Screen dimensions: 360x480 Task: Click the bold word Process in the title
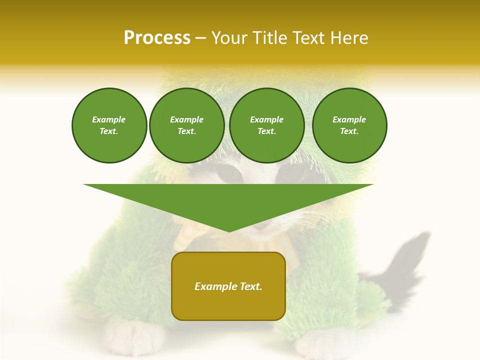click(x=157, y=38)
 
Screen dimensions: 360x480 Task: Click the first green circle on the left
click(x=109, y=125)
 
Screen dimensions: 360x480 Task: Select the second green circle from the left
click(x=187, y=125)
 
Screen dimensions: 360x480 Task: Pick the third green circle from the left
click(x=267, y=125)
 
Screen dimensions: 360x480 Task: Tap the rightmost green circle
click(x=349, y=125)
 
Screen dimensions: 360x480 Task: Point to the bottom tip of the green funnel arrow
click(x=228, y=231)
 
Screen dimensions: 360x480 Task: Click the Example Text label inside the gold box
click(x=228, y=286)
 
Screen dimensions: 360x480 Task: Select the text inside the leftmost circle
click(x=109, y=125)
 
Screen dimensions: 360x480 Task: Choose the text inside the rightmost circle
click(x=349, y=125)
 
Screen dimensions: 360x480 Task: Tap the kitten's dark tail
click(x=405, y=260)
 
